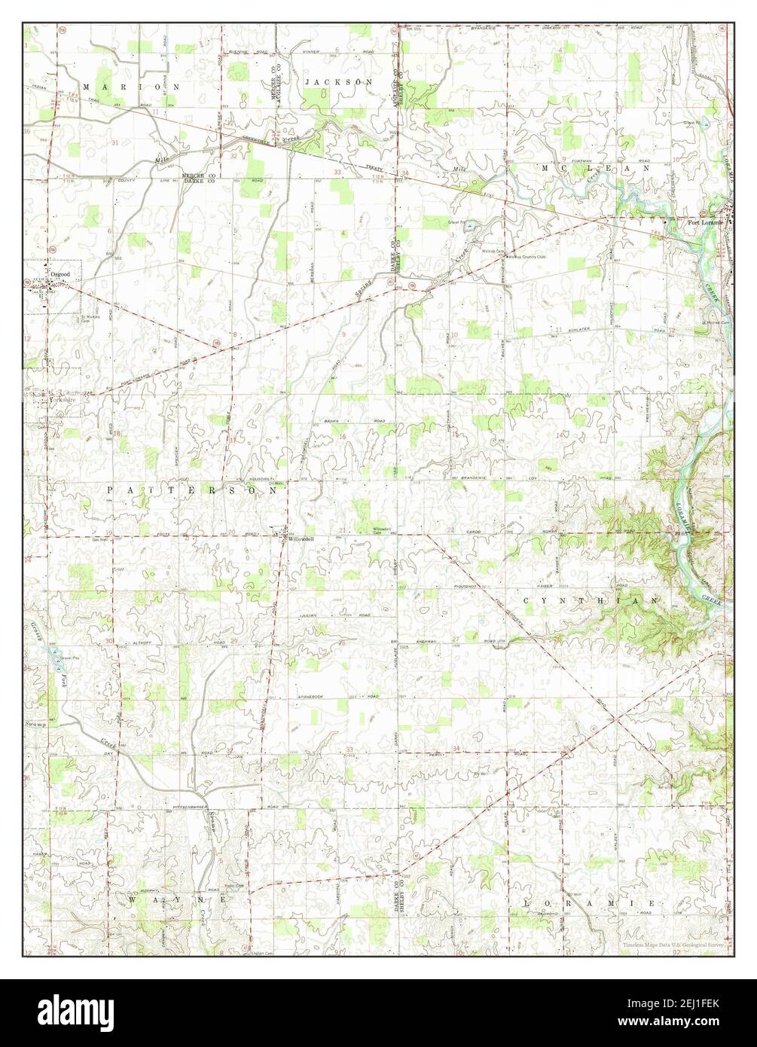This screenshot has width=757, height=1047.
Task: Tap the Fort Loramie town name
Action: click(x=704, y=222)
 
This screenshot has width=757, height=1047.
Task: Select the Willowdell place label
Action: click(x=299, y=539)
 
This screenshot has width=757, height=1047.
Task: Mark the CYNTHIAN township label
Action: click(x=592, y=600)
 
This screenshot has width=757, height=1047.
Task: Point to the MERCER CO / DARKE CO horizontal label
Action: click(x=197, y=179)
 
